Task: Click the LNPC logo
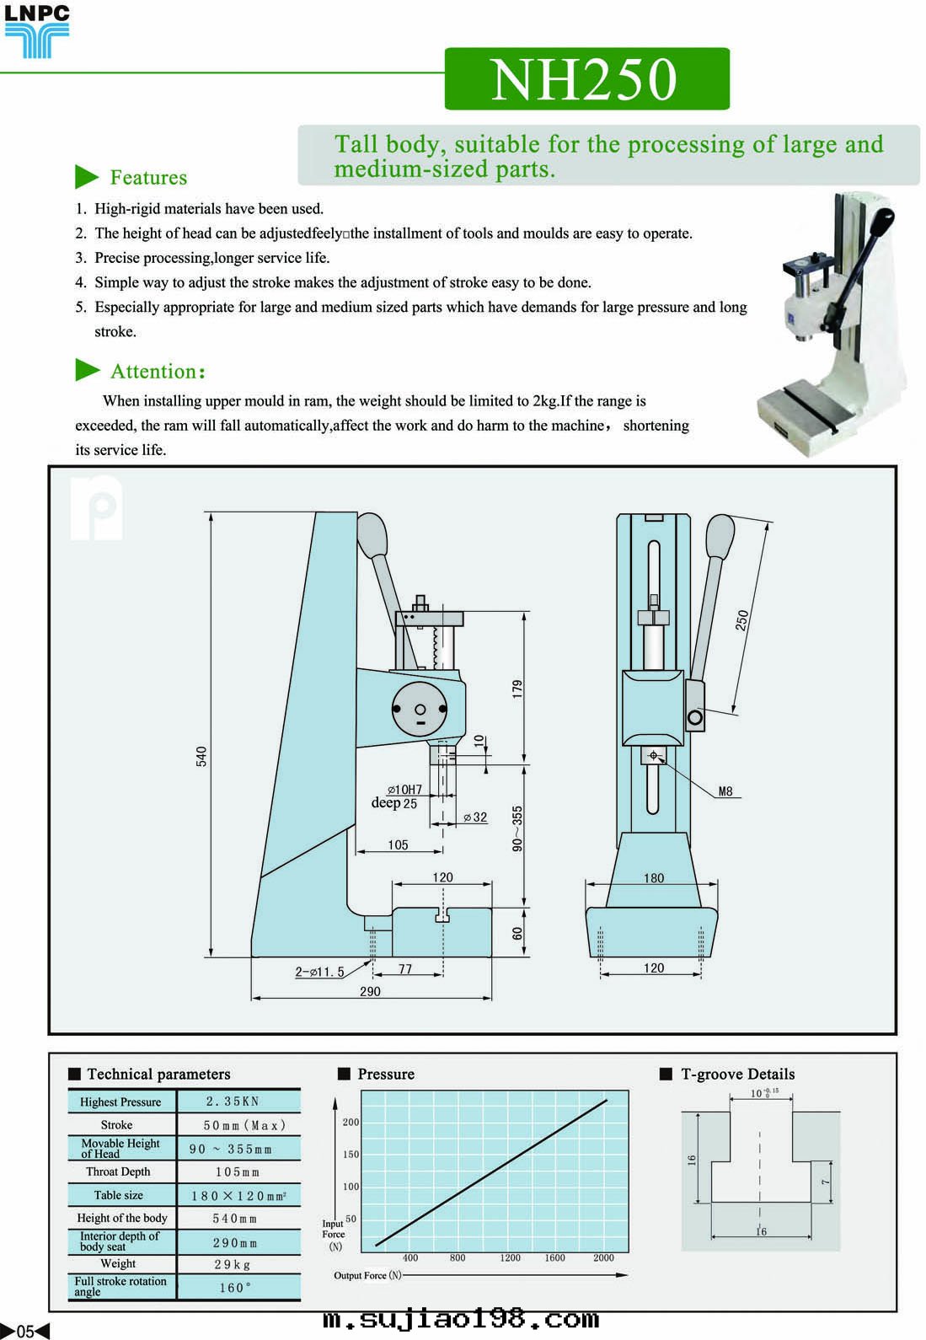point(36,32)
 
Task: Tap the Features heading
point(148,178)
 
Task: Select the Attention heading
point(158,372)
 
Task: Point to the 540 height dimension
point(201,756)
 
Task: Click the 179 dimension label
point(517,688)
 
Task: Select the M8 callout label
point(725,791)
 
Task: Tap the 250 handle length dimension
point(741,620)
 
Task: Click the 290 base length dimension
point(370,991)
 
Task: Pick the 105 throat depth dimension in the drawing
point(398,844)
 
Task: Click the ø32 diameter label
point(475,817)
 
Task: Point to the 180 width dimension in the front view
point(654,877)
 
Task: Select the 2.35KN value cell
point(233,1101)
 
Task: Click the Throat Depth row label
point(118,1171)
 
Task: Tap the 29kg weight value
point(233,1264)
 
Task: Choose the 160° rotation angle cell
point(235,1288)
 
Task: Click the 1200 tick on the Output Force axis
point(510,1257)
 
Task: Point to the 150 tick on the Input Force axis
point(351,1154)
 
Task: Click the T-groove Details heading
point(737,1074)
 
